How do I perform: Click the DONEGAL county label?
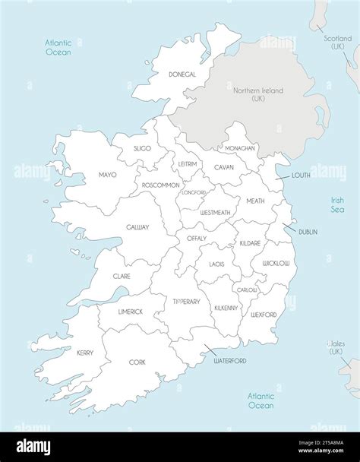click(182, 74)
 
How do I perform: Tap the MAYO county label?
click(107, 175)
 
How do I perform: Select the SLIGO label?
click(142, 148)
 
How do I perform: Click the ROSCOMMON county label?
click(160, 185)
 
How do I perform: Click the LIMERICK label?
click(131, 312)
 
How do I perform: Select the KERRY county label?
click(85, 353)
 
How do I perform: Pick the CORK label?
click(137, 362)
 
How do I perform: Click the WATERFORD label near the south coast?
click(228, 360)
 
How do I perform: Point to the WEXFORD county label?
click(263, 314)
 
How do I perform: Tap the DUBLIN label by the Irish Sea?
click(308, 232)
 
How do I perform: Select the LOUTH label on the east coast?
click(301, 175)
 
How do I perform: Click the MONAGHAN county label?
click(240, 148)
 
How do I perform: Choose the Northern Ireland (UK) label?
click(258, 95)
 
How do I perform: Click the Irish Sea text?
click(336, 204)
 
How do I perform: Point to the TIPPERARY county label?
click(186, 302)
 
